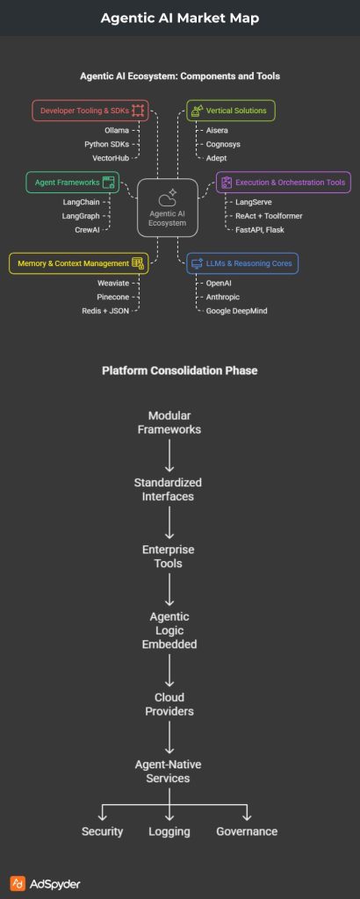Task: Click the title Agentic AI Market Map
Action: (180, 18)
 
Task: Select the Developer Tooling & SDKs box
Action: (90, 111)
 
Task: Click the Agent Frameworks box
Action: (73, 183)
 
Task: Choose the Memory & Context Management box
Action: (78, 262)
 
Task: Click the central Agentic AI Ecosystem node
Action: (168, 207)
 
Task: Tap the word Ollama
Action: (116, 130)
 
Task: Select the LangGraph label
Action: (81, 214)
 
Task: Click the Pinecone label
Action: (114, 298)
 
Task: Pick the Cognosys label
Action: (224, 144)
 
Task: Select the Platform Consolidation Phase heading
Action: (180, 370)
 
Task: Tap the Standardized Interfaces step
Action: (168, 489)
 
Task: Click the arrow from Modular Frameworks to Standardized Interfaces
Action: (168, 455)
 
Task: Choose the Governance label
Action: (247, 831)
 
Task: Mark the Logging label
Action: (169, 831)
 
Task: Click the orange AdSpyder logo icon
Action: (17, 882)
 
